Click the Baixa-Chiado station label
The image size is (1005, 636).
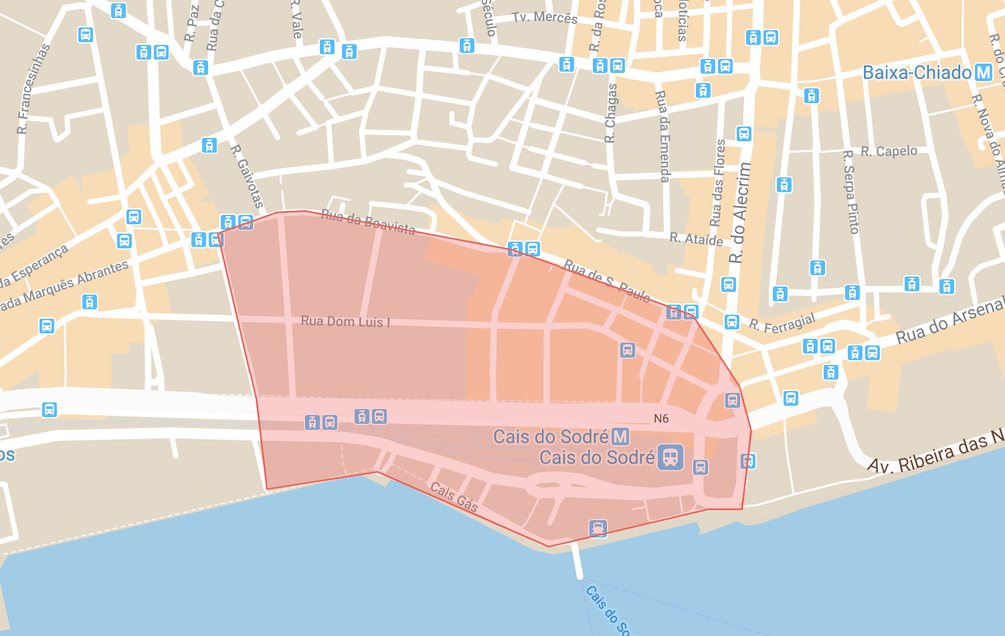tap(917, 72)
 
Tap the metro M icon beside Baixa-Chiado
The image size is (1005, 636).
tap(983, 72)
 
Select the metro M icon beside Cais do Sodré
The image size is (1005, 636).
tap(620, 437)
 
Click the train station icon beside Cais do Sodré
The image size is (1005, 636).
tap(670, 457)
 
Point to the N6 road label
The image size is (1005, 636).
tap(661, 418)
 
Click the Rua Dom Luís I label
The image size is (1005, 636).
tap(345, 321)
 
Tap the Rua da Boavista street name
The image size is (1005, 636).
tap(368, 222)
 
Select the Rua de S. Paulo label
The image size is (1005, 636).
tap(607, 281)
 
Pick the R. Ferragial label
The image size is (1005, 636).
tap(782, 323)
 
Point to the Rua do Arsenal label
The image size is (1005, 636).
tap(950, 323)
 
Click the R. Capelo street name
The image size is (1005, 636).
tap(889, 151)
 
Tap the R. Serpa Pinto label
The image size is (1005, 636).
tap(850, 192)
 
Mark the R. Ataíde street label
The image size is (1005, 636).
tap(697, 239)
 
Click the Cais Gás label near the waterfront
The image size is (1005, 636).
tap(454, 497)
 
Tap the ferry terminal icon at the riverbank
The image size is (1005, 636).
tap(598, 528)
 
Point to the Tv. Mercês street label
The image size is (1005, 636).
tap(545, 17)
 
